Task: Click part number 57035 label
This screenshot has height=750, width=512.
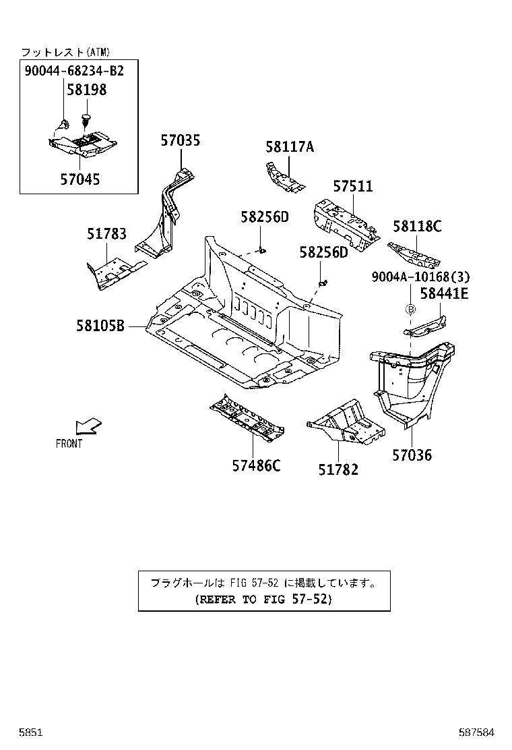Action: pyautogui.click(x=180, y=141)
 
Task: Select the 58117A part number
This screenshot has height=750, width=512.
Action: pyautogui.click(x=289, y=147)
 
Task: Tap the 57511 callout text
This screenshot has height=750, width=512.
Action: pyautogui.click(x=352, y=186)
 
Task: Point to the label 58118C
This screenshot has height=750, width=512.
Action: pyautogui.click(x=417, y=227)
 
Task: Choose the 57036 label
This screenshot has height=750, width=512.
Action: pyautogui.click(x=412, y=455)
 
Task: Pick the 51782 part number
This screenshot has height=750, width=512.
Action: pyautogui.click(x=338, y=470)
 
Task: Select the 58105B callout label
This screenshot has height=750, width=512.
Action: pyautogui.click(x=100, y=326)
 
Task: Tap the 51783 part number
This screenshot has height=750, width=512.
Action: pyautogui.click(x=106, y=234)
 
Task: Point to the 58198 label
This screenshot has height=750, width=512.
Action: pyautogui.click(x=86, y=89)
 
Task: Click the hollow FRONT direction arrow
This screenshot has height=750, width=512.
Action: pyautogui.click(x=88, y=426)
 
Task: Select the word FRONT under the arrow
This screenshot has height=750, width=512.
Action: pyautogui.click(x=69, y=444)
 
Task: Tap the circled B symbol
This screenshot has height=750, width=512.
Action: pyautogui.click(x=410, y=309)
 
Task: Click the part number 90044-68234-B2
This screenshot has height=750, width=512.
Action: pyautogui.click(x=74, y=70)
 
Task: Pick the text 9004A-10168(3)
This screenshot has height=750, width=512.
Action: pyautogui.click(x=420, y=277)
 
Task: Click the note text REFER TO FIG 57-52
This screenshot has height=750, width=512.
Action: pyautogui.click(x=263, y=598)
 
